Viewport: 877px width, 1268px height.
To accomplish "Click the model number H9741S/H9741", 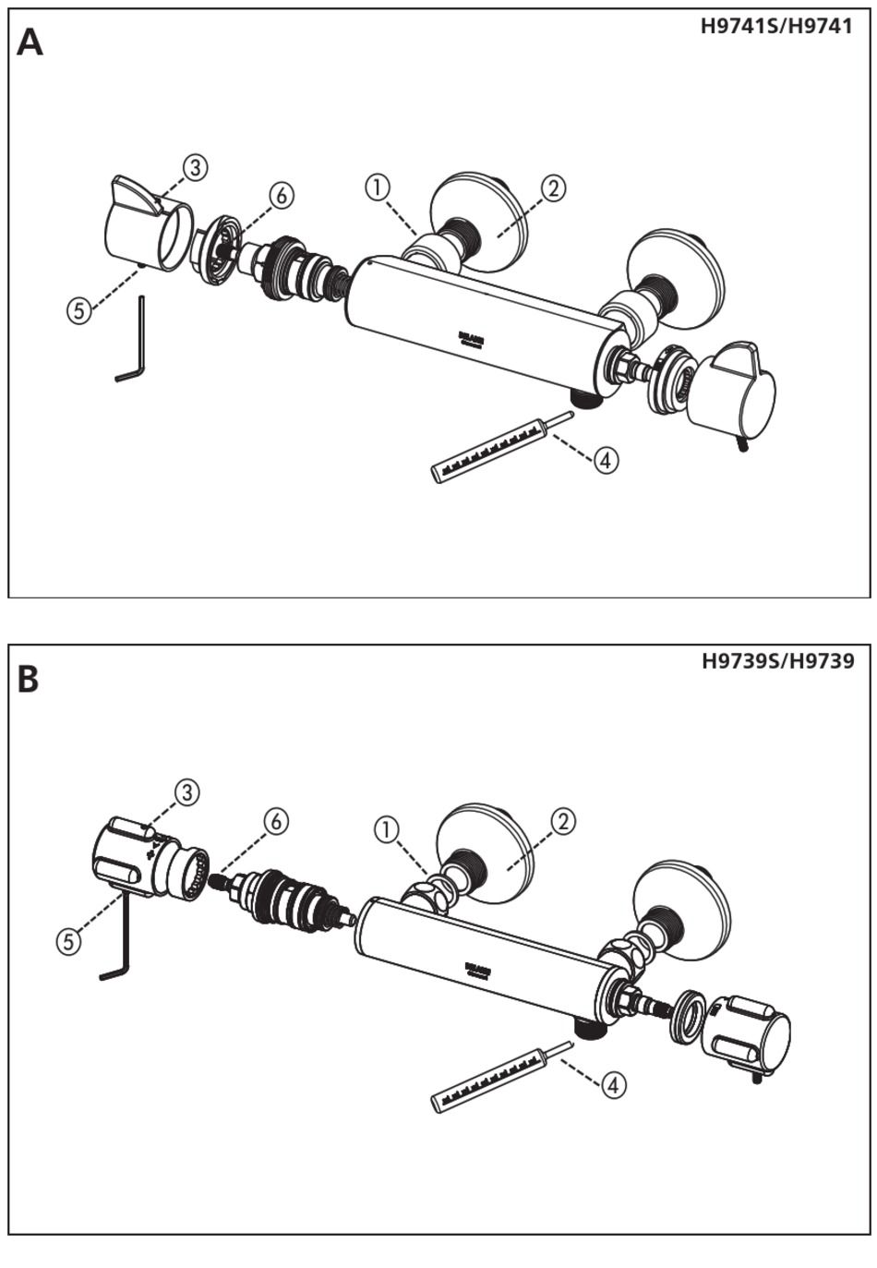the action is (x=776, y=27).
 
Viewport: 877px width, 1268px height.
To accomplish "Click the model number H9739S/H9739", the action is (x=777, y=661).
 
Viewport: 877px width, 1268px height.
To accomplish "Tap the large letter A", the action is (x=30, y=42).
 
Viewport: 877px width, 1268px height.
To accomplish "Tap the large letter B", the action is (x=28, y=680).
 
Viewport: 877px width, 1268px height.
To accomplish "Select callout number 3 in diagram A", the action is (x=194, y=167).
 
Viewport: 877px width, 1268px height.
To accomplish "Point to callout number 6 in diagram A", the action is (x=282, y=195).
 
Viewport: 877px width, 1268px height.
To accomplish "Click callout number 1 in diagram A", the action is (x=377, y=187).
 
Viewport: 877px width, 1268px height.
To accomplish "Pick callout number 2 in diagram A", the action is (x=553, y=188).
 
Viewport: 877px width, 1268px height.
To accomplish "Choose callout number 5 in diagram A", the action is (x=79, y=310).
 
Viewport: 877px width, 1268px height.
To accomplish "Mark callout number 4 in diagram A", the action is (x=605, y=459).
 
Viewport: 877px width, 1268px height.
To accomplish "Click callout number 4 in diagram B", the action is (x=613, y=1084).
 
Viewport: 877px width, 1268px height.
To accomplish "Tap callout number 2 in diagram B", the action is (x=563, y=820).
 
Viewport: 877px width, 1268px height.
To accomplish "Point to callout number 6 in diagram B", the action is (x=276, y=820).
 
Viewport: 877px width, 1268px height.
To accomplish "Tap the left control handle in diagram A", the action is (x=143, y=226).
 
